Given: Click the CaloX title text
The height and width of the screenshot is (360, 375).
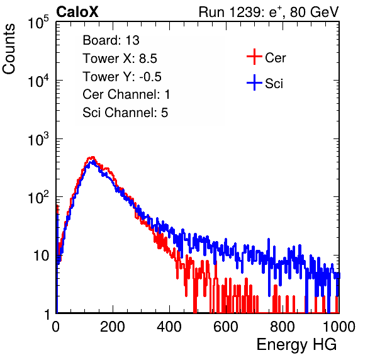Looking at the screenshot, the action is [77, 12].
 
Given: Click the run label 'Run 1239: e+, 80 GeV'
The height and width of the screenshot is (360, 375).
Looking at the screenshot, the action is [269, 12].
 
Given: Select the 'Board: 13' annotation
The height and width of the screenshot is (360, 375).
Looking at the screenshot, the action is [111, 40].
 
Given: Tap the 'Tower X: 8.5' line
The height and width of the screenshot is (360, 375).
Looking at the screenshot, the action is [120, 59].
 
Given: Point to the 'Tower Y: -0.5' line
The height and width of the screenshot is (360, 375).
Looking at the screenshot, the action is [122, 77].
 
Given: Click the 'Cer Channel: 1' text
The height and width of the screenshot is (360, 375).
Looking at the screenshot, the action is [126, 94].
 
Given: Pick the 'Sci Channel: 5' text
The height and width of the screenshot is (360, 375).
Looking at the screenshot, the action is [125, 113].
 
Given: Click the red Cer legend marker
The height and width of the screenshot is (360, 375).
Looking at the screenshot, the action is [254, 57].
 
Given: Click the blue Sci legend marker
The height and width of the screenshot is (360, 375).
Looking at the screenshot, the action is [254, 83].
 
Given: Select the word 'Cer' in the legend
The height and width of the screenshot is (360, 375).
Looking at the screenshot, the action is [276, 58].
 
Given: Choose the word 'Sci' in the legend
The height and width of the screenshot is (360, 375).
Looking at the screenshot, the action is [274, 84].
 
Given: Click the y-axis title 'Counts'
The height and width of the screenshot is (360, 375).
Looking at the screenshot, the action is [9, 49].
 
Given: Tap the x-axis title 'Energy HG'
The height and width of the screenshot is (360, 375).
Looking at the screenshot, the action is [296, 345].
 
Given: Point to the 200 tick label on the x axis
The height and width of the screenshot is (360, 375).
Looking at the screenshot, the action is [113, 327].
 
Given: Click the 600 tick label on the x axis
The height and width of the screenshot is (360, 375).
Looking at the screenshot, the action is [226, 327].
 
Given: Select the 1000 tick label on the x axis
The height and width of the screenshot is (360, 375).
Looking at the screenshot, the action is [339, 327].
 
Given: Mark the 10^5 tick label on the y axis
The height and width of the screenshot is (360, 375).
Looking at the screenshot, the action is [38, 23].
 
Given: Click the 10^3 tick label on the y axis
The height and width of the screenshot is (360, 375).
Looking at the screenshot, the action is [38, 139].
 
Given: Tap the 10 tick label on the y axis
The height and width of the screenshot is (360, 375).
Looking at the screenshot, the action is [42, 256].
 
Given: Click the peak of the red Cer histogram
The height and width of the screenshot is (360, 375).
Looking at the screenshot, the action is [92, 157].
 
